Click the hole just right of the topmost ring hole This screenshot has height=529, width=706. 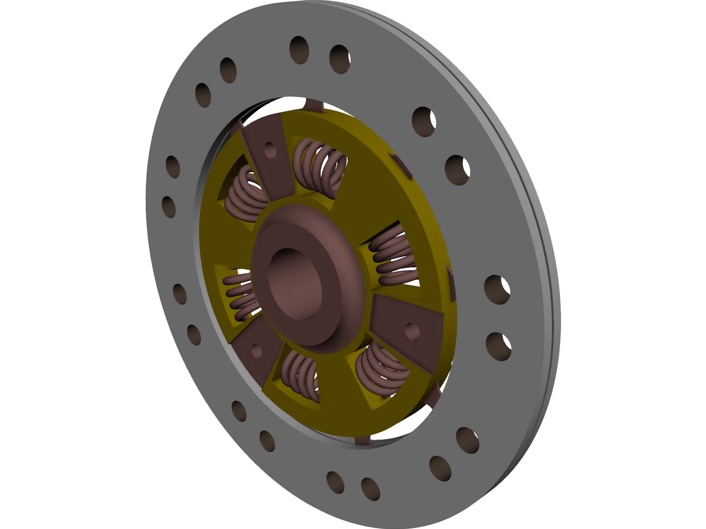click(x=340, y=58)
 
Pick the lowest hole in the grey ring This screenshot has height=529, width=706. click(x=370, y=488)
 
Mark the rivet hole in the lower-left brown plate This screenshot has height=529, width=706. click(x=255, y=350)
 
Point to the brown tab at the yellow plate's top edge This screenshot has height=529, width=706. click(x=312, y=106)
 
